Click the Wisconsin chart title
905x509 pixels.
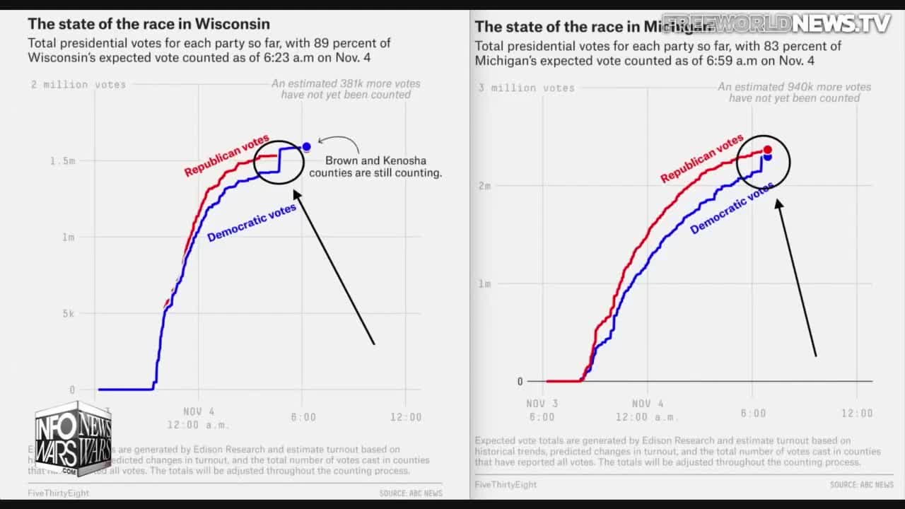[148, 25]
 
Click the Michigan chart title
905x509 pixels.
[594, 27]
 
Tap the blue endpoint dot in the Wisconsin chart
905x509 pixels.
[306, 147]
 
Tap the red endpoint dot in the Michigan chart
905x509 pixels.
[768, 150]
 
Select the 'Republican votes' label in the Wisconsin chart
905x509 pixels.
[226, 156]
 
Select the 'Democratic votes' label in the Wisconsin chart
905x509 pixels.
[252, 223]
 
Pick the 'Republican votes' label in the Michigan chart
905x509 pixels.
[701, 158]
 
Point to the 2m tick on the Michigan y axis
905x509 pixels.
[484, 186]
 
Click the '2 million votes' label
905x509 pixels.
[78, 85]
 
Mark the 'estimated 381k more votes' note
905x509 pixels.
[346, 89]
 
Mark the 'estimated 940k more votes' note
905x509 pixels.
[794, 93]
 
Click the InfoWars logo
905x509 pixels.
[73, 438]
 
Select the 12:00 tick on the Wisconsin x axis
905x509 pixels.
[406, 417]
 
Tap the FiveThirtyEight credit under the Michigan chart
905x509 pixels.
[506, 485]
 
